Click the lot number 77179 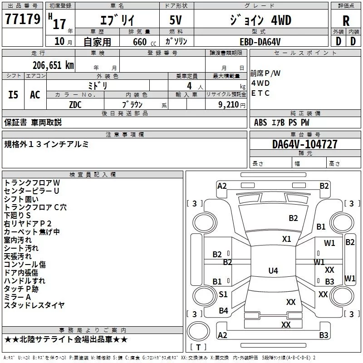pos(23,19)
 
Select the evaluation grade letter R pos(346,21)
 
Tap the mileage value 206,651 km pos(53,65)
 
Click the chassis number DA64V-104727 pos(304,144)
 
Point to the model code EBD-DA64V pos(260,42)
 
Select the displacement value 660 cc pos(144,42)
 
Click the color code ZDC pos(75,105)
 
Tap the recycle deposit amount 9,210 pos(229,105)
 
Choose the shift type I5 pos(13,95)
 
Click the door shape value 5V pos(176,20)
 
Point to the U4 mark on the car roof pos(273,270)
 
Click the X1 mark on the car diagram pos(286,239)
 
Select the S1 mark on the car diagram pos(223,294)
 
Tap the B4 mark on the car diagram pos(223,311)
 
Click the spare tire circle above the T pos(198,331)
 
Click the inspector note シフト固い pos(21,199)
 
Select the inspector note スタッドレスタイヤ pos(34,305)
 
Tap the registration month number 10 pos(59,41)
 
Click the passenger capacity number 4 pos(189,86)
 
